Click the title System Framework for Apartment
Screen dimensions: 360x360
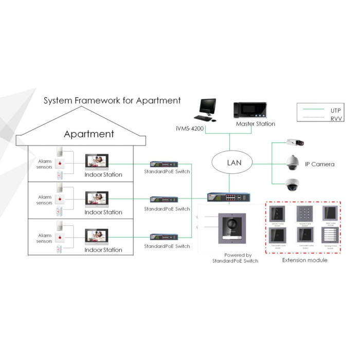[112, 100]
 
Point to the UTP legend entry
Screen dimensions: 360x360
[334, 110]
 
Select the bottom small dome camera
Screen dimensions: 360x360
[294, 185]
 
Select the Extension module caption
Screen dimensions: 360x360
[304, 260]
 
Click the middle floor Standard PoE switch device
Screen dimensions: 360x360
[164, 200]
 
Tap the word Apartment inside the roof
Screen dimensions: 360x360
[88, 134]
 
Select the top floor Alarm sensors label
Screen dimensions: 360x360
[45, 164]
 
